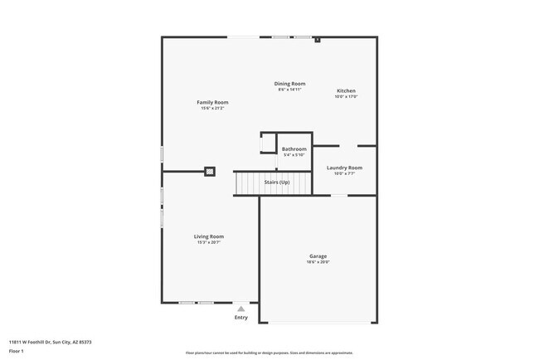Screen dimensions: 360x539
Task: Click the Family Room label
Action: (211, 102)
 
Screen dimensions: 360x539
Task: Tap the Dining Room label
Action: (291, 83)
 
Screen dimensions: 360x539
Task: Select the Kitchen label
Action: (346, 90)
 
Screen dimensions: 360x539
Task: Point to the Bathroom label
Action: (294, 149)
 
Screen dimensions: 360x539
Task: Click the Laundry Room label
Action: (344, 168)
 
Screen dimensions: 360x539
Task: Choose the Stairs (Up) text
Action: (277, 182)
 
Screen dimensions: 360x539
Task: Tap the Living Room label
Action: (210, 236)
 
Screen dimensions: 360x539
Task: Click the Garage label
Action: (318, 256)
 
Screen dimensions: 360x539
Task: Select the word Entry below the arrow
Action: (240, 317)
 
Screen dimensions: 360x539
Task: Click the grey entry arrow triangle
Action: (240, 309)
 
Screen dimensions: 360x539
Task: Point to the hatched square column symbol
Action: (210, 172)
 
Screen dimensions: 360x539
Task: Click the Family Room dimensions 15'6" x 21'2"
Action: (211, 108)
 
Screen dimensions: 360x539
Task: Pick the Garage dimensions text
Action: (318, 262)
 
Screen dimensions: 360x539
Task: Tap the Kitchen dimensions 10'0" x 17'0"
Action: (346, 96)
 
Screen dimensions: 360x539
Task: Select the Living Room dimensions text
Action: (210, 242)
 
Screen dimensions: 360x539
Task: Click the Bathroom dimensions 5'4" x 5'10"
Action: (294, 155)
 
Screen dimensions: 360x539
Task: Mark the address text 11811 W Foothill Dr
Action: (50, 342)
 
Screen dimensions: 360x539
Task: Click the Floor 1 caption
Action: (17, 351)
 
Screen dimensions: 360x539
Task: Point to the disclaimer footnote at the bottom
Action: (269, 353)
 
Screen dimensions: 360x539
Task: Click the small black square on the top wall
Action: (318, 39)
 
